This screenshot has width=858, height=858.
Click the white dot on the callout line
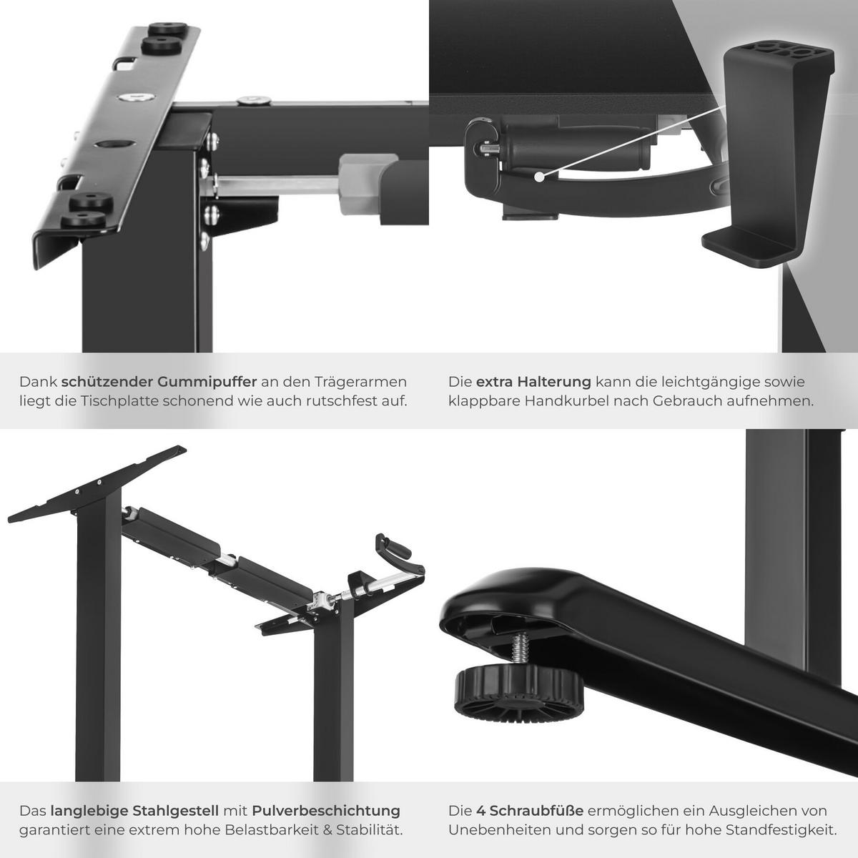(x=539, y=177)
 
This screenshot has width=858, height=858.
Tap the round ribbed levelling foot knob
(x=517, y=694)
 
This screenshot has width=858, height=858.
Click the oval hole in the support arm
(x=115, y=144)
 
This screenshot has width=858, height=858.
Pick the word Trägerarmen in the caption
(x=360, y=382)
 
